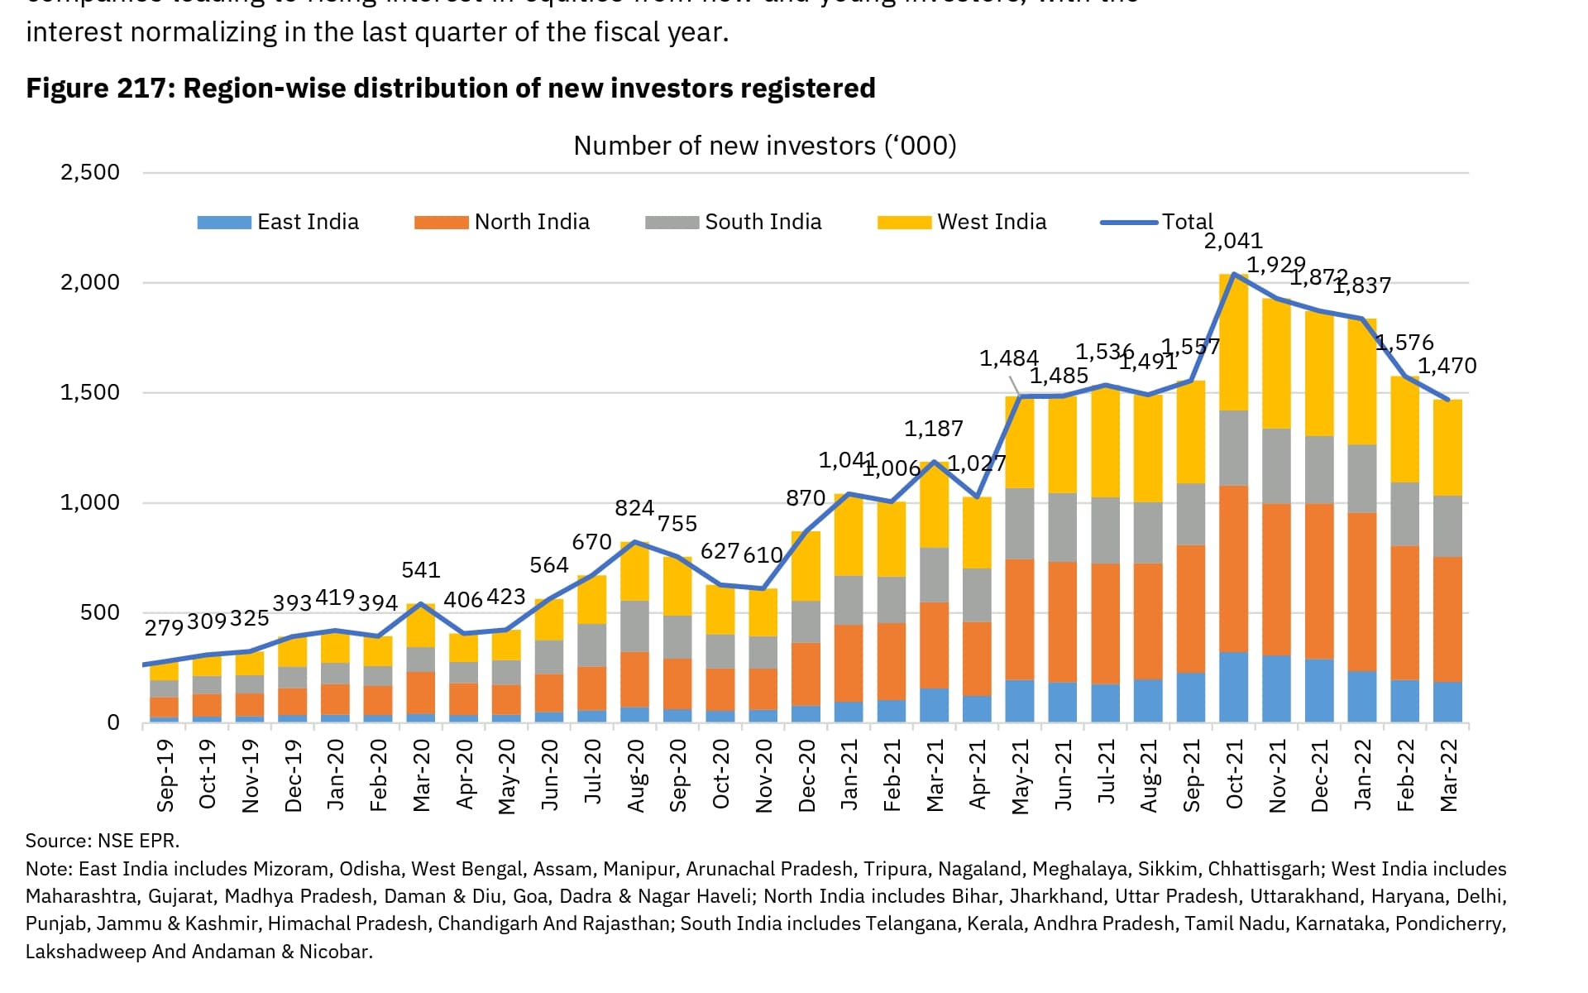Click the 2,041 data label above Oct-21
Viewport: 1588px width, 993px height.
(1232, 241)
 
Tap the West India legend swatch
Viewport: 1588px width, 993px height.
(903, 223)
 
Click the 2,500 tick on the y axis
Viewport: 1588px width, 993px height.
(90, 172)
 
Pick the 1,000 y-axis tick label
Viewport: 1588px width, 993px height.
(90, 502)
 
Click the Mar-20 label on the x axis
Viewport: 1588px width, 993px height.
(422, 775)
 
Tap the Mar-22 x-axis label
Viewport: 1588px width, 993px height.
(1448, 775)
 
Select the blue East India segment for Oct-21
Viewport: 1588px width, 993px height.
(1233, 688)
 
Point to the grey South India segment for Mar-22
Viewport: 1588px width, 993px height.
(1447, 526)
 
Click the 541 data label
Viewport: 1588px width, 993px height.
(421, 570)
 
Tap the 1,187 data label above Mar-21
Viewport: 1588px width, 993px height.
(933, 429)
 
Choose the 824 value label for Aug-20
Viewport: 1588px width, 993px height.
(634, 508)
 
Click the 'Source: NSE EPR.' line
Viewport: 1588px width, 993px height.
(103, 841)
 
